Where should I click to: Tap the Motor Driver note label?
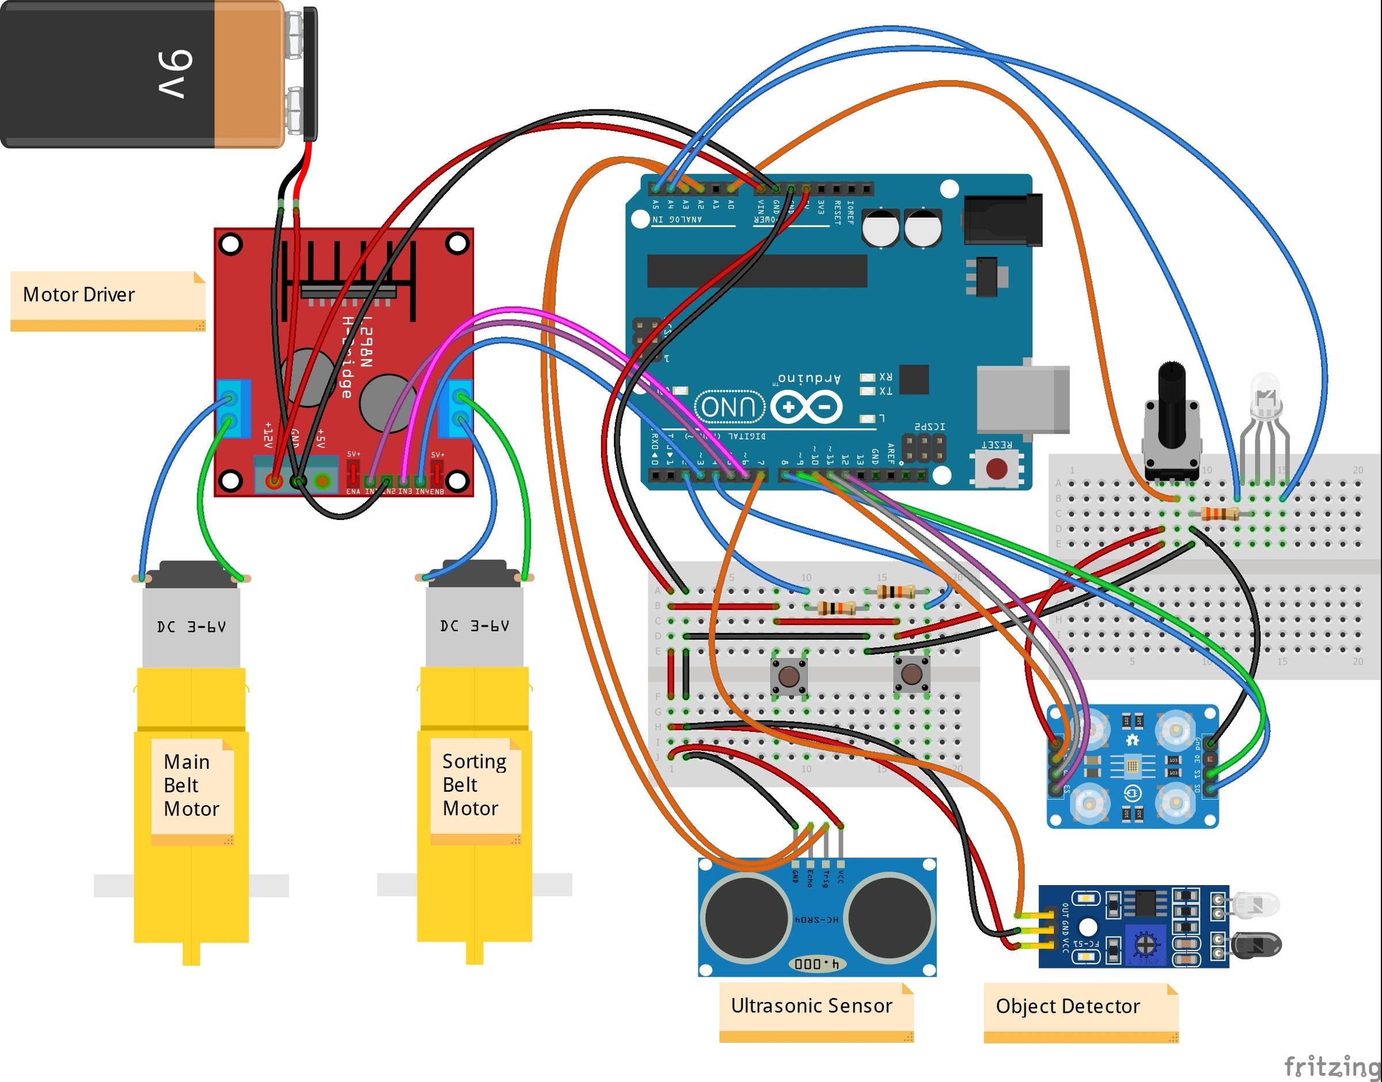[x=79, y=295]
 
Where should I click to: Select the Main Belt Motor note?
[x=192, y=785]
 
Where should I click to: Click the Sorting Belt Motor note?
[x=474, y=785]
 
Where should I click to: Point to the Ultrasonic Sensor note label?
[x=812, y=1006]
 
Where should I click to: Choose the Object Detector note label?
[x=1068, y=1007]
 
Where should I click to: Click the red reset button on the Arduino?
[x=997, y=469]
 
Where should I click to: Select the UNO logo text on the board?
[x=729, y=407]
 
